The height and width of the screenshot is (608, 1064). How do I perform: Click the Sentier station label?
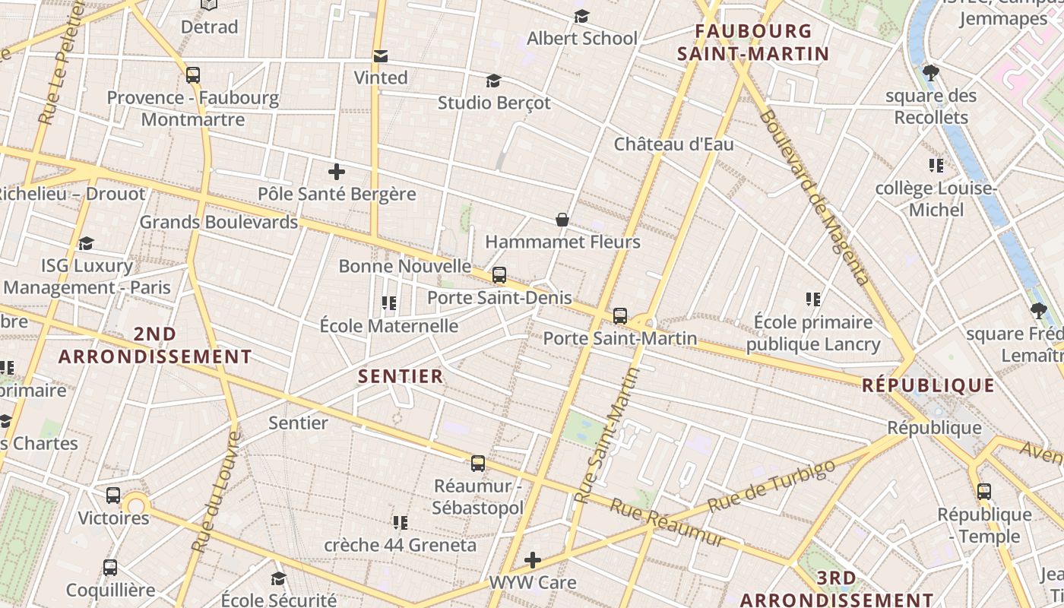pos(298,423)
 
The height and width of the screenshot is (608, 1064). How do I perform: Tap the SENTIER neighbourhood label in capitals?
pos(401,376)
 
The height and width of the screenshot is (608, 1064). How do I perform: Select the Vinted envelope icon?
pos(381,56)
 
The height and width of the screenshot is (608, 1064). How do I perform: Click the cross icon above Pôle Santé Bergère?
pos(337,172)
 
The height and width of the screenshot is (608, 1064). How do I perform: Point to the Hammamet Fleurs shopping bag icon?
pos(562,220)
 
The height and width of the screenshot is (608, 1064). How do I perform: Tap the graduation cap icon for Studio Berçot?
pos(494,81)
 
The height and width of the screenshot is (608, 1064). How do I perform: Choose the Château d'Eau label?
pos(673,144)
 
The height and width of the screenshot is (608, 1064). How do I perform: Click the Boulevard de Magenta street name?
pos(813,197)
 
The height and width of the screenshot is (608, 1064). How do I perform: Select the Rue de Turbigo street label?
pos(771,486)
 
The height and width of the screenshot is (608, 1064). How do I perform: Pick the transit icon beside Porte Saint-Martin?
pos(620,316)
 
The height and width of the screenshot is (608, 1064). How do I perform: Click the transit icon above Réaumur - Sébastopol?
pos(478,464)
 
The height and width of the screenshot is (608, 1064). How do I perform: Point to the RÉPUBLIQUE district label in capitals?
pos(928,385)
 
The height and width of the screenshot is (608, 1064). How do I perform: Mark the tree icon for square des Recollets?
pos(931,73)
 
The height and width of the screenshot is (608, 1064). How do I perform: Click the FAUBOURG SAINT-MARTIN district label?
pos(752,43)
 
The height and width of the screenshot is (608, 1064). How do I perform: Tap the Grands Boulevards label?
pos(218,223)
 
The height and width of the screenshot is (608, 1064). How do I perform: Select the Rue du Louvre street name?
pos(216,492)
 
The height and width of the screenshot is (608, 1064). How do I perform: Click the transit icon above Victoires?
pos(113,496)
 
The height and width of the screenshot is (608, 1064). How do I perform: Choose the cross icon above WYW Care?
pos(533,561)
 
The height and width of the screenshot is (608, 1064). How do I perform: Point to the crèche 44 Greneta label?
pos(400,545)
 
